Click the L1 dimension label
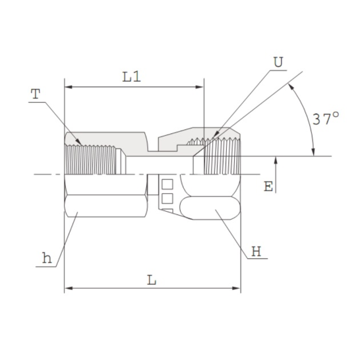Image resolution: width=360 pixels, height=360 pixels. pyautogui.click(x=132, y=76)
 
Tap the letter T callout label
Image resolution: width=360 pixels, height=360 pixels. pyautogui.click(x=34, y=94)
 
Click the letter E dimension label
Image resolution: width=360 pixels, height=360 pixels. pyautogui.click(x=268, y=187)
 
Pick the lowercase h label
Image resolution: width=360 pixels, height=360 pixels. pyautogui.click(x=46, y=258)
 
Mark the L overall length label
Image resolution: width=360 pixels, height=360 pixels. pyautogui.click(x=152, y=280)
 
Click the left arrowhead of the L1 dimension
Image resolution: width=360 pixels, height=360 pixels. pyautogui.click(x=68, y=86)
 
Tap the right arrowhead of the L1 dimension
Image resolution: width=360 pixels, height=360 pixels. pyautogui.click(x=200, y=86)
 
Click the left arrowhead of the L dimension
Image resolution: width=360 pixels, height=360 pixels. pyautogui.click(x=68, y=288)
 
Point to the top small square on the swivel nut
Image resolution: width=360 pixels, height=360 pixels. pyautogui.click(x=167, y=183)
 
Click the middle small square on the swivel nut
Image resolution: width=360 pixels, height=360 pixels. pyautogui.click(x=167, y=197)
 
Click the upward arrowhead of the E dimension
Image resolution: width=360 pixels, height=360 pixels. pyautogui.click(x=276, y=160)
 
